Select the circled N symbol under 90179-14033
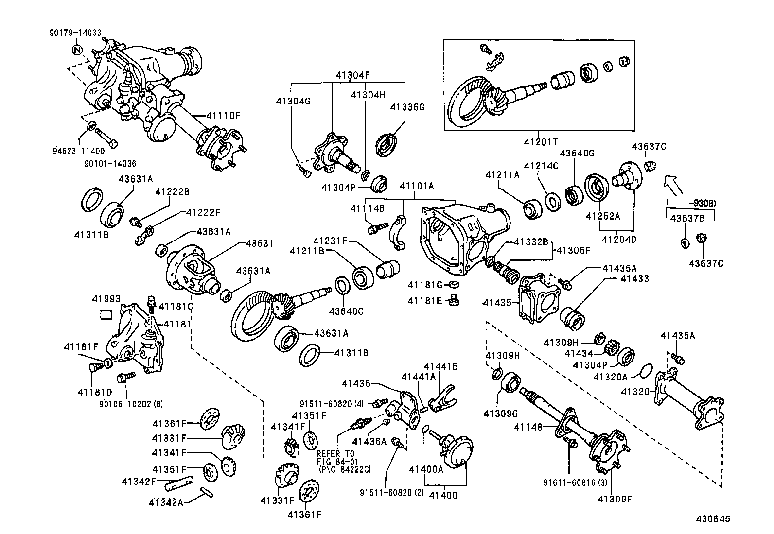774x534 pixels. pos(77,50)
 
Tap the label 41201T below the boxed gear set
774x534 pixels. pos(541,142)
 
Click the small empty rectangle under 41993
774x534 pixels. pos(106,314)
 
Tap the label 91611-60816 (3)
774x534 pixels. pos(568,483)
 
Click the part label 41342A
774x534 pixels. pos(167,502)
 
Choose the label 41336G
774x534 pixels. pos(408,107)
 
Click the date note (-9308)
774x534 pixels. pos(693,202)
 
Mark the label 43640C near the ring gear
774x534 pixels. pos(346,311)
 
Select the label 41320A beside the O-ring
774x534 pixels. pos(611,377)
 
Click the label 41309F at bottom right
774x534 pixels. pos(615,499)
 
